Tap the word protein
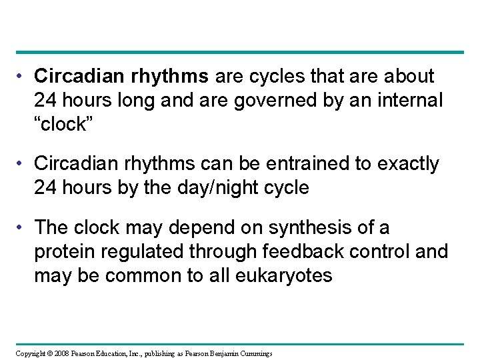coord(67,251)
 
